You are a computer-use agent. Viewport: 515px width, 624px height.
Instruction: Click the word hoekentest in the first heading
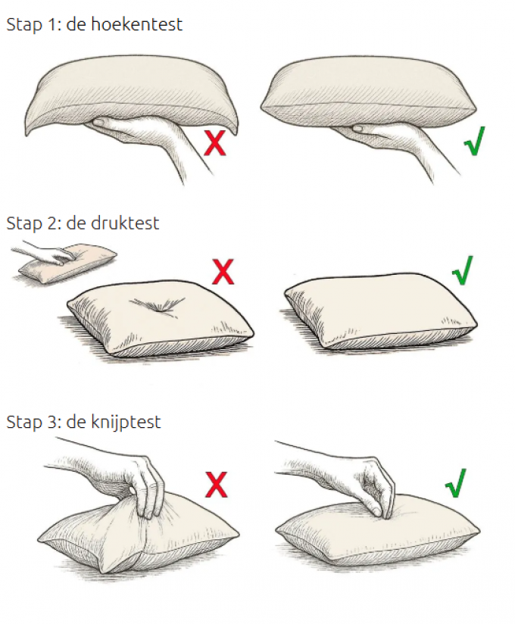tap(137, 24)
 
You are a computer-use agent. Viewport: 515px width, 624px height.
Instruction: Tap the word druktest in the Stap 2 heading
tap(125, 223)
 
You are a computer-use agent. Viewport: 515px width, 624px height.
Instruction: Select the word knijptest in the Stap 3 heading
tap(126, 423)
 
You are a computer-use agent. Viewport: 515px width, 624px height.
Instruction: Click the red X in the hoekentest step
tap(215, 142)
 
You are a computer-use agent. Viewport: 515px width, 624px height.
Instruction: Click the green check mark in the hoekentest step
tap(475, 141)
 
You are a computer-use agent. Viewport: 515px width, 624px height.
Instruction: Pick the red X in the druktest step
tap(223, 272)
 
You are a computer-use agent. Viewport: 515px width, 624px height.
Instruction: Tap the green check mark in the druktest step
tap(463, 270)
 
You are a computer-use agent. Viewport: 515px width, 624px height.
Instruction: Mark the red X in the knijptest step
tap(216, 485)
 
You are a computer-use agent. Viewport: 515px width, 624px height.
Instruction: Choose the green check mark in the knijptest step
tap(456, 483)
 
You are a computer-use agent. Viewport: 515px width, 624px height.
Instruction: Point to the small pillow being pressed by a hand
tap(68, 264)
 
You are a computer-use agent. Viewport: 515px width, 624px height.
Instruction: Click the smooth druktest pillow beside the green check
tap(381, 313)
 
